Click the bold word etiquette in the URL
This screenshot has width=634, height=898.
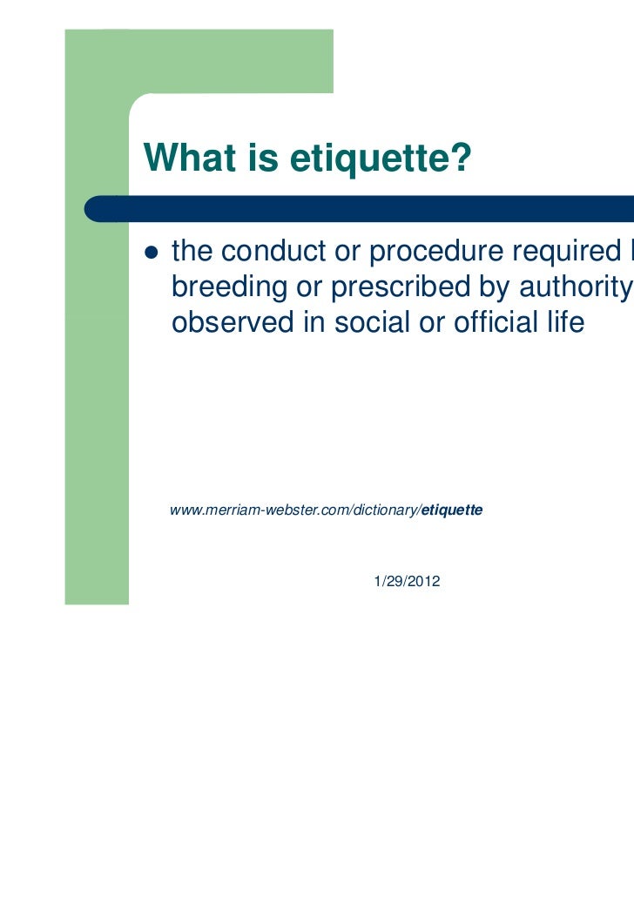452,510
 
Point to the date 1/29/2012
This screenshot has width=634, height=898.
406,581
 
